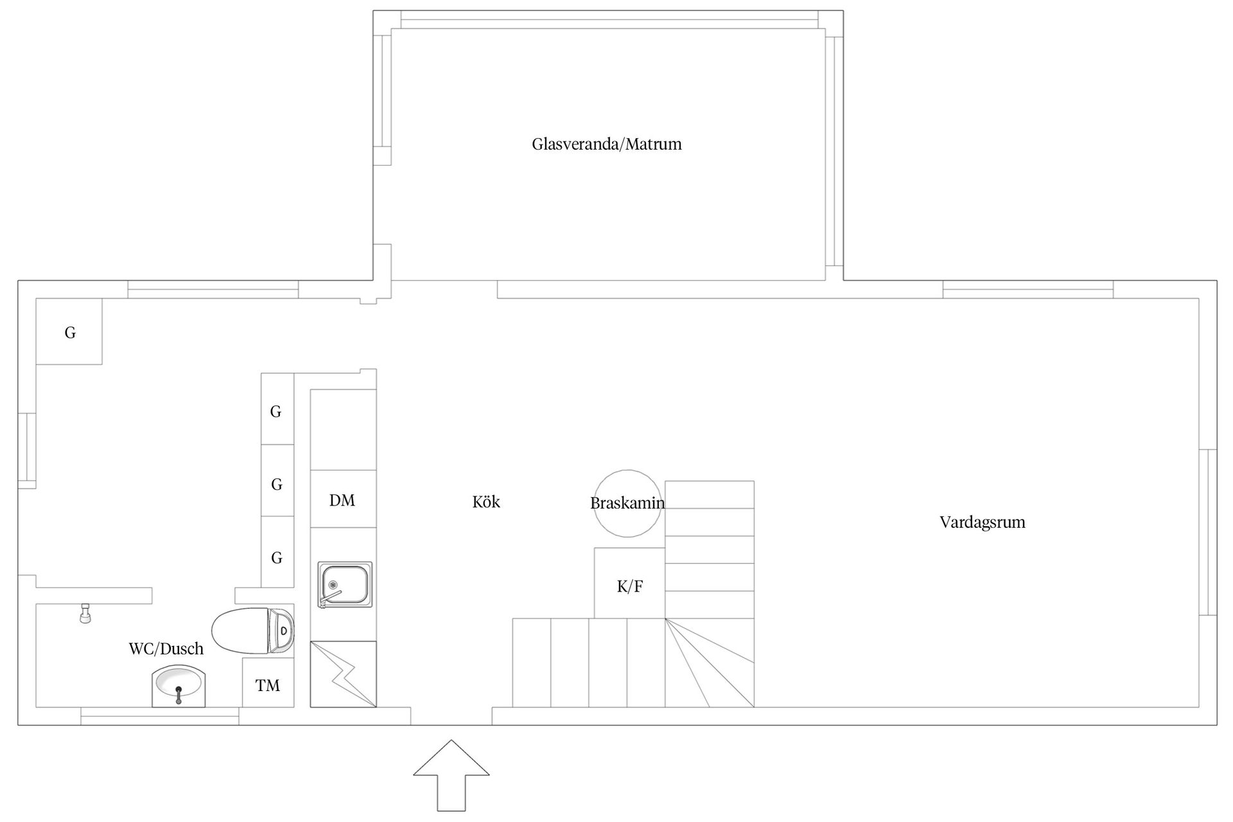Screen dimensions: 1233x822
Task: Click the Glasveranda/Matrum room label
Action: click(606, 144)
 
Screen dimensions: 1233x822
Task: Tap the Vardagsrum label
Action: click(982, 522)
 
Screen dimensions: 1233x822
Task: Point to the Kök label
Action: click(486, 502)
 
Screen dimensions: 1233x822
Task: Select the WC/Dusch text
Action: click(166, 649)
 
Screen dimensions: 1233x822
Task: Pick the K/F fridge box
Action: click(629, 583)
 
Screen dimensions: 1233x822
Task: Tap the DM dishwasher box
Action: click(343, 499)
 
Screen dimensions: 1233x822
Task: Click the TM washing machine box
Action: click(268, 682)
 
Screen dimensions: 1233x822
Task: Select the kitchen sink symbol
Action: click(345, 584)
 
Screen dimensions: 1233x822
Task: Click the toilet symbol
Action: click(253, 631)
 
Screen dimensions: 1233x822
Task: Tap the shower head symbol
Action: click(84, 613)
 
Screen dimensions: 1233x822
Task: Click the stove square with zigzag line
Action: click(343, 674)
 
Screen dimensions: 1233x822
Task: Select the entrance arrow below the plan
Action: click(451, 775)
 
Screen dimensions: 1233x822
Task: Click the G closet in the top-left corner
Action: click(69, 331)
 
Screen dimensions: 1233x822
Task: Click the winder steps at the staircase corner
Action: click(710, 663)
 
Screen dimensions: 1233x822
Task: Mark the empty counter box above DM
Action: click(343, 430)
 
